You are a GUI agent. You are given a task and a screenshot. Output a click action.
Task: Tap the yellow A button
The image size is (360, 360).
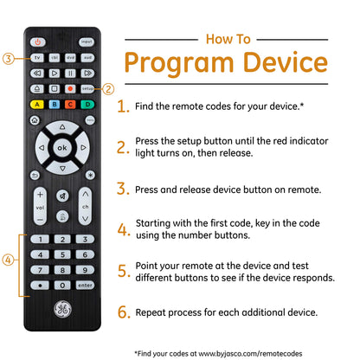[37, 104]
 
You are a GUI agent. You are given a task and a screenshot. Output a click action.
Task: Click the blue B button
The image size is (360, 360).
[55, 104]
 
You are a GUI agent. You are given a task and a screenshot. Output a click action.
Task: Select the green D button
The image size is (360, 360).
[87, 104]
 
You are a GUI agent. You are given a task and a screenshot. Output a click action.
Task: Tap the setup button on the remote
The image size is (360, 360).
[87, 88]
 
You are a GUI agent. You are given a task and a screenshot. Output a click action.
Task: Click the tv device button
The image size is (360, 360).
[37, 58]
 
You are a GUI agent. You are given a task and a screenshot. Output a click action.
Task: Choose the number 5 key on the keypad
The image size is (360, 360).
[62, 254]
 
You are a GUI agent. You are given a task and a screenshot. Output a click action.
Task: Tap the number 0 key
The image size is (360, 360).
[62, 286]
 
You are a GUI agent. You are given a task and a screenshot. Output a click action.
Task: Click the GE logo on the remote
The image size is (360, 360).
[62, 309]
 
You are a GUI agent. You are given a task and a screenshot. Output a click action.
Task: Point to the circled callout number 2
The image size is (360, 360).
[108, 89]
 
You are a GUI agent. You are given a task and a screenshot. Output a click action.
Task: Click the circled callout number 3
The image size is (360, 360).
[9, 59]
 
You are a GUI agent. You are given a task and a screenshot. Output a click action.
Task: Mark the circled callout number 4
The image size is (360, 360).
[8, 260]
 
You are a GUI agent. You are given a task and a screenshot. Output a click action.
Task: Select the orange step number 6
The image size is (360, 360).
[123, 312]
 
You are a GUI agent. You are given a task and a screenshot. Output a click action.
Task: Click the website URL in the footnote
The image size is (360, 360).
[250, 353]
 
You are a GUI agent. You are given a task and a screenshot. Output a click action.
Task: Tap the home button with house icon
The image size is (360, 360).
[35, 120]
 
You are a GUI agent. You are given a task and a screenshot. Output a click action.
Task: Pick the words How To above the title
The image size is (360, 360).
[228, 39]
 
